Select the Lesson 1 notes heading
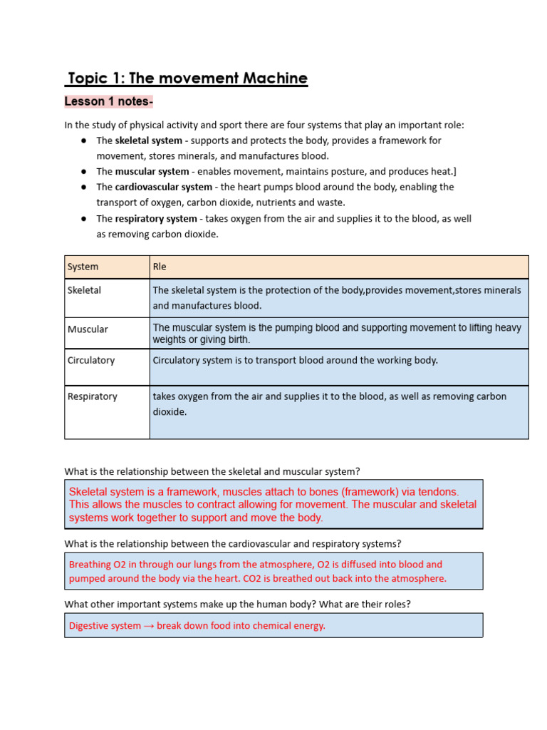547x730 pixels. (x=108, y=102)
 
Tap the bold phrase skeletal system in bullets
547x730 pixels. (x=149, y=140)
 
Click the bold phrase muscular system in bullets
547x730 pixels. (x=152, y=171)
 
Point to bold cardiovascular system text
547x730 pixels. (x=164, y=187)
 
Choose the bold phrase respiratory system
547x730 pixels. (x=156, y=218)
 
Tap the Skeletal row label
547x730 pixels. (x=84, y=290)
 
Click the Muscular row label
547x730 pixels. (x=88, y=329)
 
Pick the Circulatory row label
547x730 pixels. (x=90, y=360)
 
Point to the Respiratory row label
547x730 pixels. (x=92, y=396)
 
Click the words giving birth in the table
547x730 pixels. (x=222, y=340)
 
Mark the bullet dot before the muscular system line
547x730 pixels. (x=83, y=172)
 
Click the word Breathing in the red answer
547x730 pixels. (x=90, y=564)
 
